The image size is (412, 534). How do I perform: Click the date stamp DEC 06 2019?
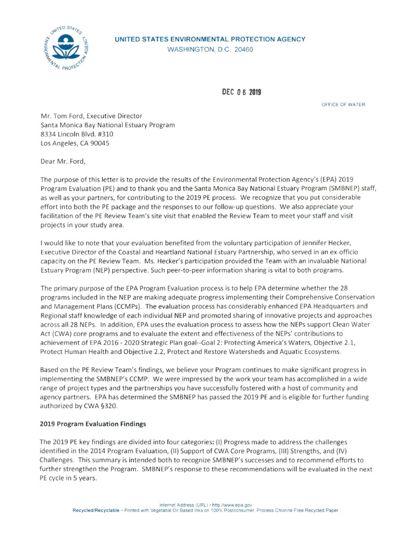coord(242,92)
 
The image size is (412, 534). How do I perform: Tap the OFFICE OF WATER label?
coord(343,105)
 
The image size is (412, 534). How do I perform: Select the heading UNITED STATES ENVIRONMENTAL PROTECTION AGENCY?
coord(210,39)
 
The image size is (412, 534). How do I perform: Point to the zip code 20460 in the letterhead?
coord(242,50)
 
